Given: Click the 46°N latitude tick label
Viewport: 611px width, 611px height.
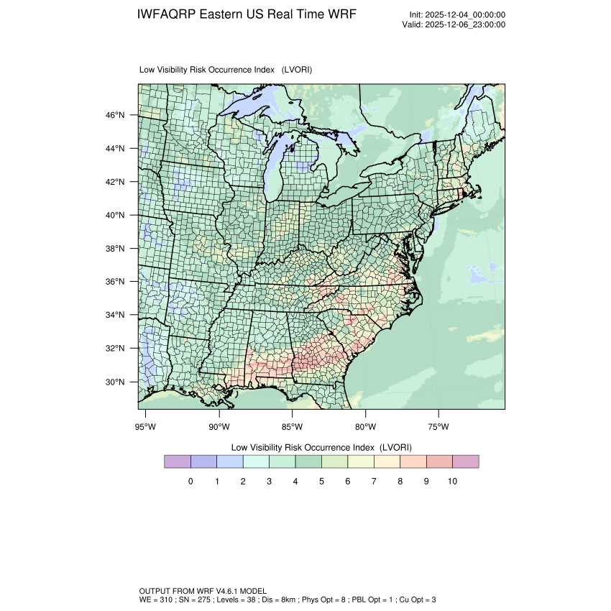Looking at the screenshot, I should [116, 115].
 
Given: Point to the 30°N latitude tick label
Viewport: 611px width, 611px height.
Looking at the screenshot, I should [116, 382].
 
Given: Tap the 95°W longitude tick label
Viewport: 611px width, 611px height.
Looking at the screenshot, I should [146, 427].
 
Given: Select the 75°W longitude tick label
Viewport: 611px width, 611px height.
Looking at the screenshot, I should [438, 427].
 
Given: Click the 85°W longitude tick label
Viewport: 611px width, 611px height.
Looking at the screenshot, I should [293, 427].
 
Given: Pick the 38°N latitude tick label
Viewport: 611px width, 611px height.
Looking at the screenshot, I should [116, 249].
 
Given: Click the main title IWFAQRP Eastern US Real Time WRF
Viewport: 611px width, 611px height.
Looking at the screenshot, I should [246, 15].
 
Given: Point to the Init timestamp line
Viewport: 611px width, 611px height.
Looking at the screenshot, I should [457, 15].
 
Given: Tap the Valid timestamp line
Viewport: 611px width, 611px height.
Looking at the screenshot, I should [454, 24].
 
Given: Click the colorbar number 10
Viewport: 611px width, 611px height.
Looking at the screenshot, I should [452, 482].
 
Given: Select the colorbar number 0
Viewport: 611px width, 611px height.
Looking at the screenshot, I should [190, 482].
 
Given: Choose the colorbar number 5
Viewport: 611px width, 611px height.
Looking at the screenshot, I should [321, 482].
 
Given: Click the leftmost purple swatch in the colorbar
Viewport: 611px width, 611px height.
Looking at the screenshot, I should [177, 461].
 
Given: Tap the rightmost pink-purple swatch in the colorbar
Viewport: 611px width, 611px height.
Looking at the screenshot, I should [466, 461].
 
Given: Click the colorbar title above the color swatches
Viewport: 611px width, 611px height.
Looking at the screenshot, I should [321, 446].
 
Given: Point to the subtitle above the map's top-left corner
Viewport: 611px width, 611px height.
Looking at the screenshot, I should [225, 70].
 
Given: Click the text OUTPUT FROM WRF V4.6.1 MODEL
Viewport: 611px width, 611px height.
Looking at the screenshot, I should [203, 591].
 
